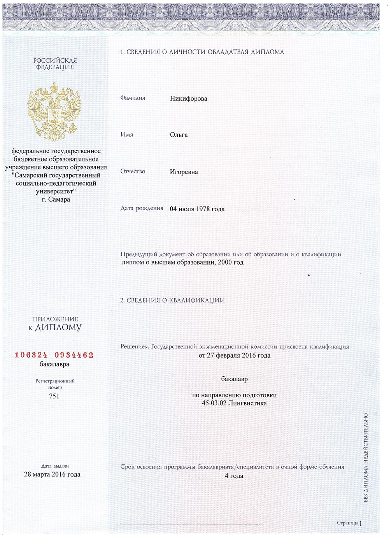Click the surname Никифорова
click(189, 99)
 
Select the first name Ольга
click(179, 135)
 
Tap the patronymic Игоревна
click(184, 172)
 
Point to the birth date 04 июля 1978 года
click(197, 209)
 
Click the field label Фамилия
click(133, 98)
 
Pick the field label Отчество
click(133, 171)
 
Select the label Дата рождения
click(142, 208)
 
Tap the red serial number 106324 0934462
click(54, 355)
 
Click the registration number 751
click(54, 396)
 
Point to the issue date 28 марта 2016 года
click(52, 474)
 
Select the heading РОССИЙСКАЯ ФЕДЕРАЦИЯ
click(55, 64)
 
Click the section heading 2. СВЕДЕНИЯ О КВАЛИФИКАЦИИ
click(172, 300)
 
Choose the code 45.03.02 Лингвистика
click(234, 403)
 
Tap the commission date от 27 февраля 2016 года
click(234, 355)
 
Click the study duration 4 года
click(234, 476)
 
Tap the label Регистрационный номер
click(55, 384)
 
